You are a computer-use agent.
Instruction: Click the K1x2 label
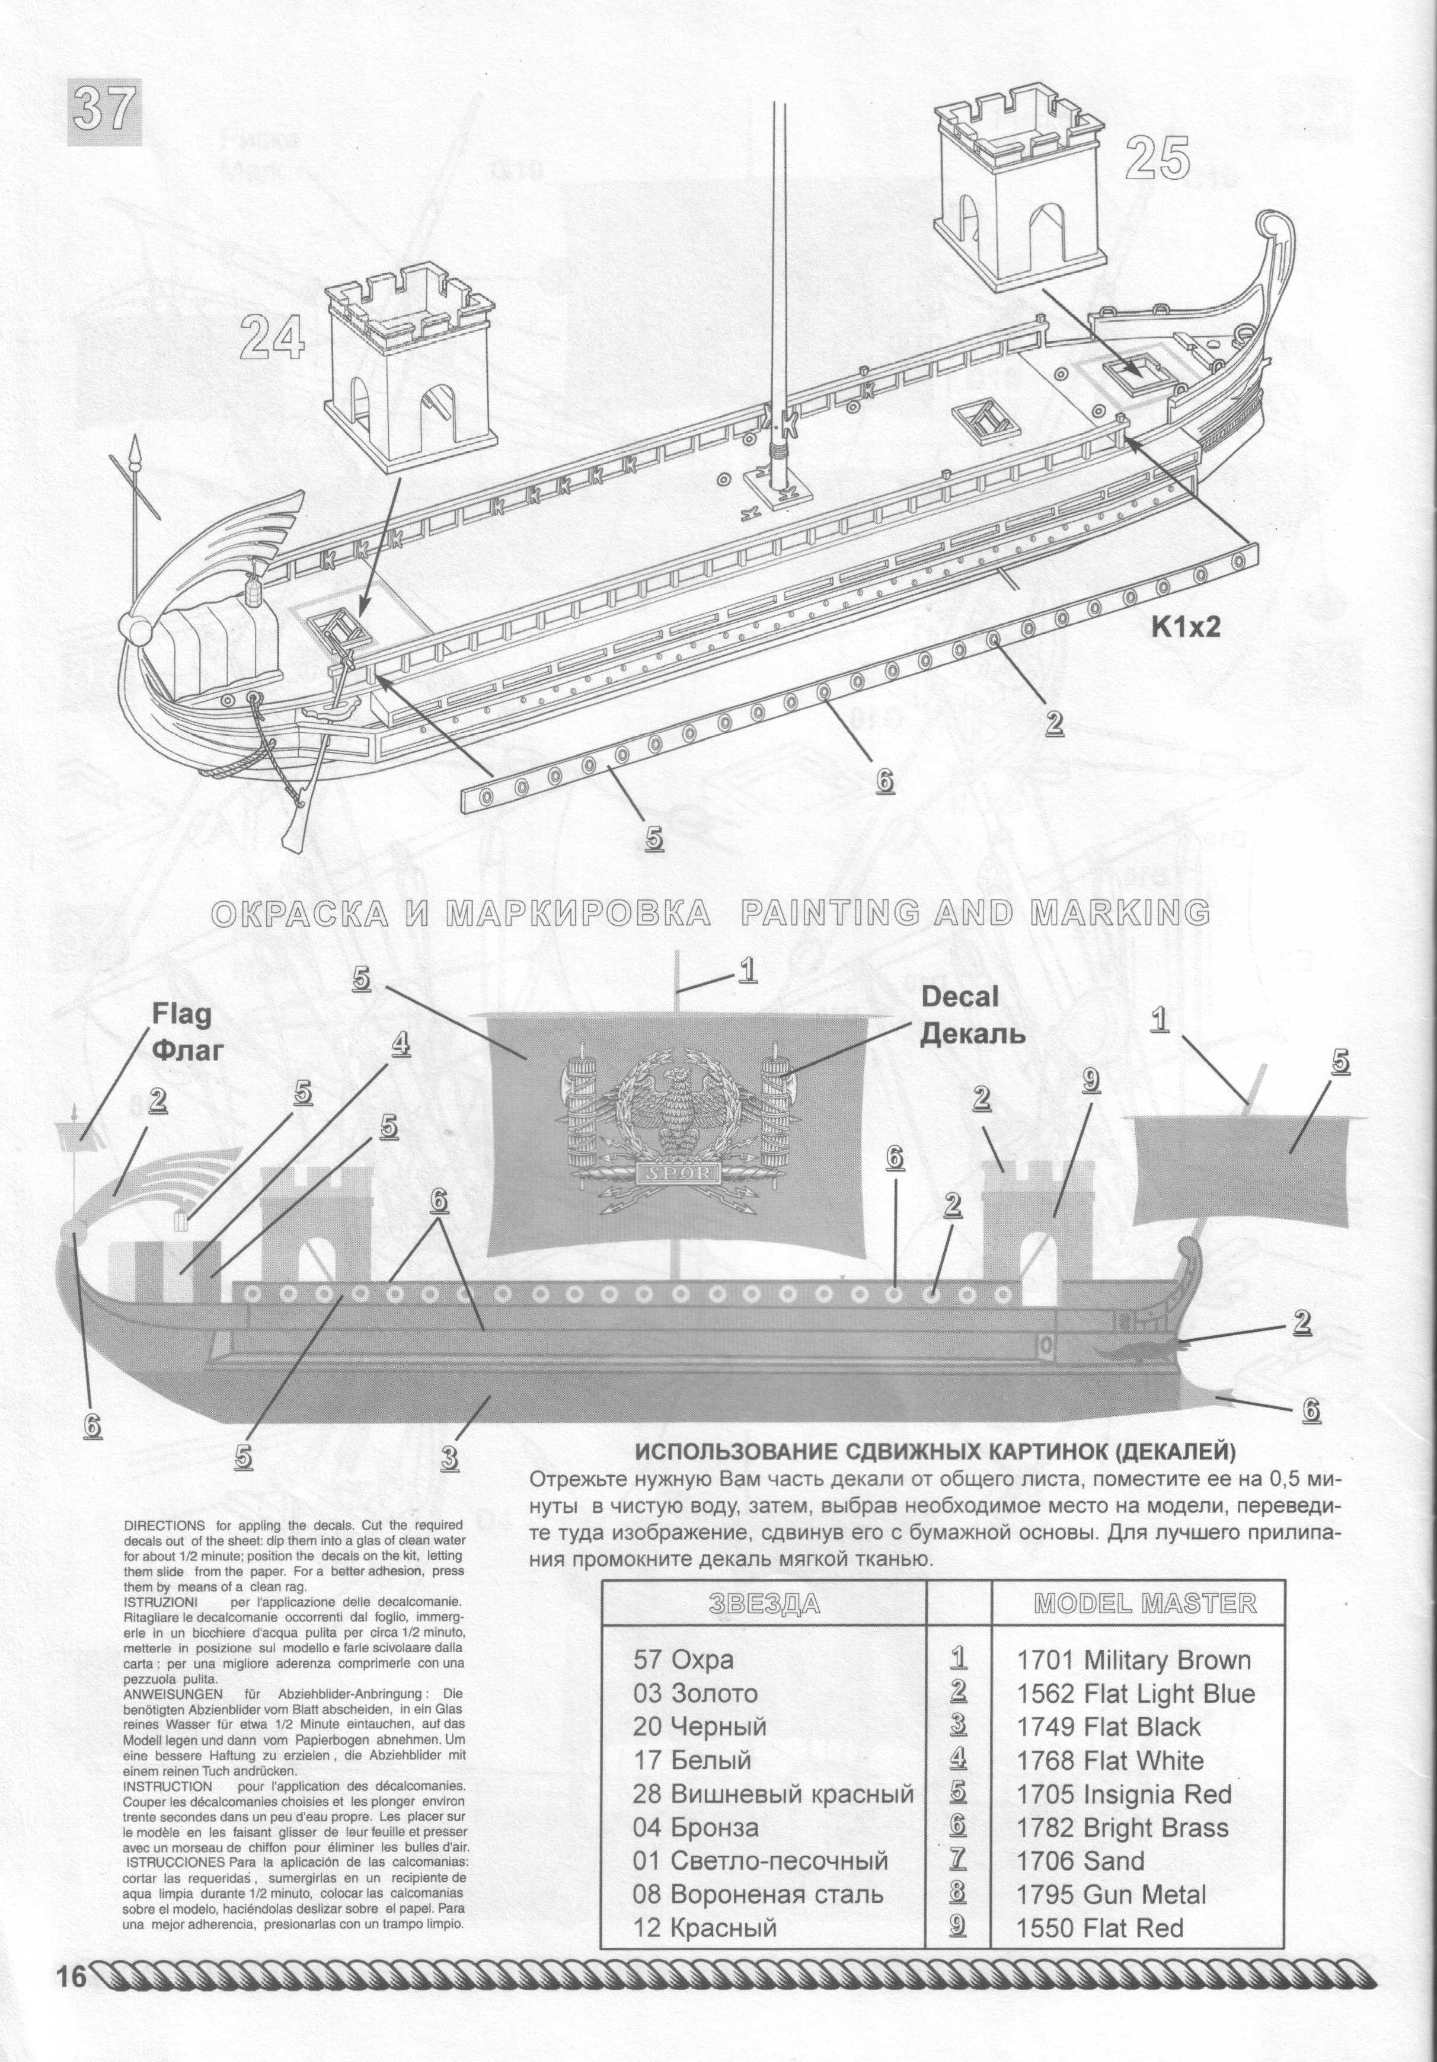(x=1186, y=627)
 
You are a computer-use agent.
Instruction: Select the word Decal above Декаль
(x=960, y=996)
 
